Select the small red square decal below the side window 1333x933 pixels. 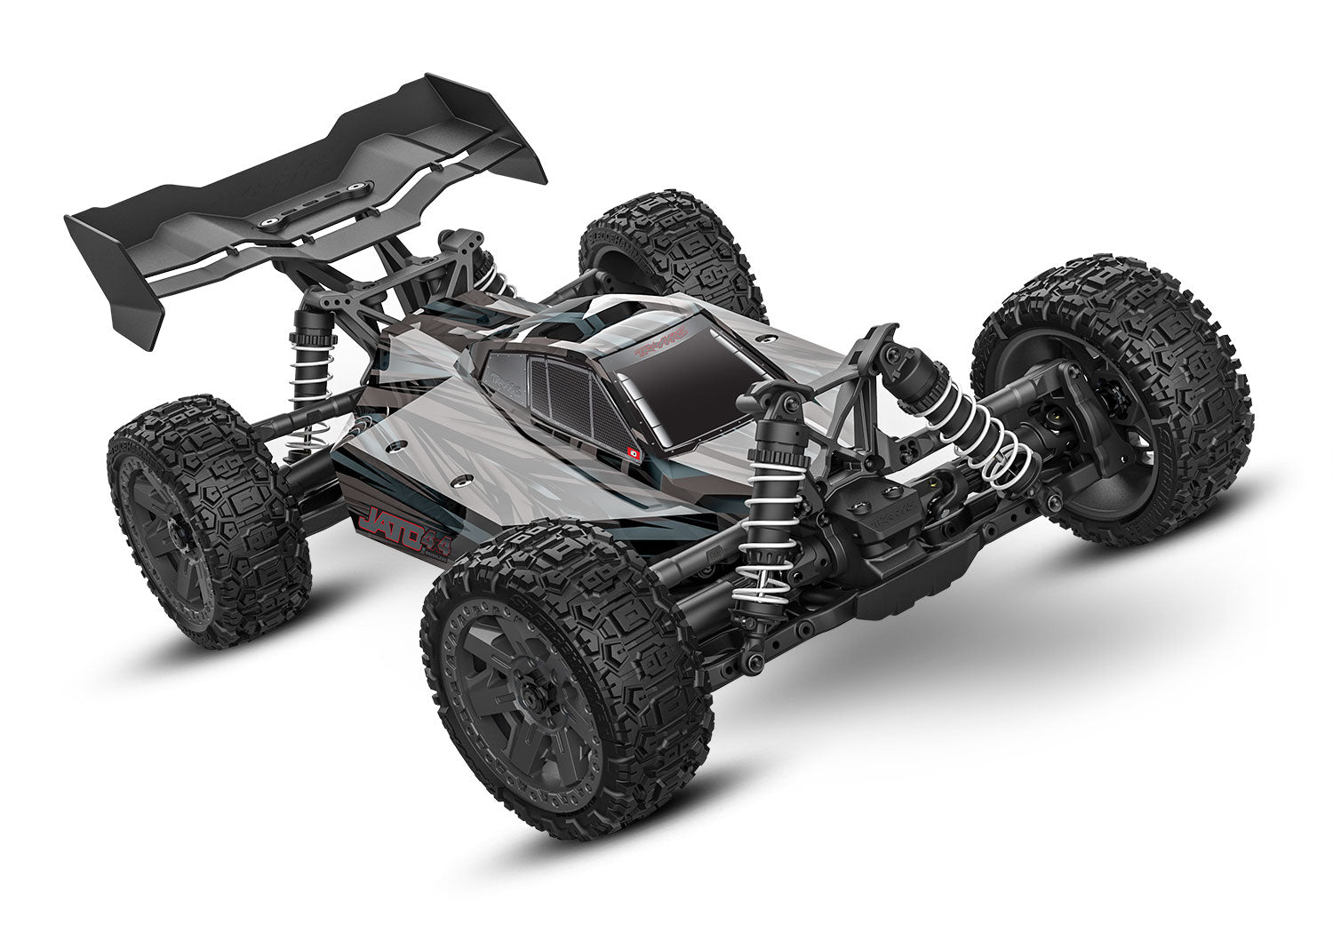[635, 452]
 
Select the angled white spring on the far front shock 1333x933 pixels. [978, 427]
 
